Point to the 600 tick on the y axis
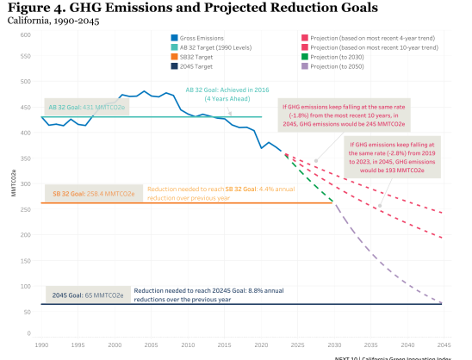click(26, 35)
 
